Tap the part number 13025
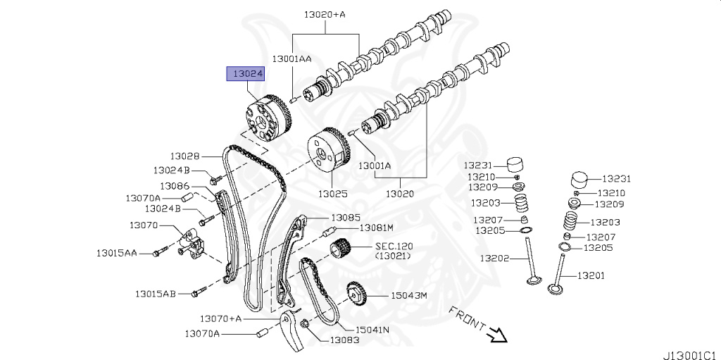tap(332, 192)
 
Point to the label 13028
tap(184, 156)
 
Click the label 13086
tap(174, 186)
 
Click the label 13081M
tap(376, 228)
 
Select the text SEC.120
tap(396, 246)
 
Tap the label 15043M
tap(409, 296)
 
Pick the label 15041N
tap(372, 328)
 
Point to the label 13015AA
tap(118, 252)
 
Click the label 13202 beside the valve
tap(494, 258)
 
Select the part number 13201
tap(591, 275)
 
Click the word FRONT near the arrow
tap(466, 318)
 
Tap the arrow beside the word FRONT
tap(499, 333)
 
